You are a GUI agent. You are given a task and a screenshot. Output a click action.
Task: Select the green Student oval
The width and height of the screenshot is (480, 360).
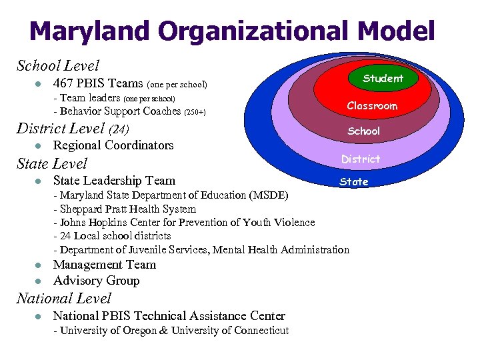(x=383, y=78)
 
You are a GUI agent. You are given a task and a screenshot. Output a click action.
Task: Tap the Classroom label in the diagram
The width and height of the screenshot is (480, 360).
(x=372, y=106)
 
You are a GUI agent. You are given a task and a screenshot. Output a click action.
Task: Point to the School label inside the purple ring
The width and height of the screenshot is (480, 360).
(x=364, y=131)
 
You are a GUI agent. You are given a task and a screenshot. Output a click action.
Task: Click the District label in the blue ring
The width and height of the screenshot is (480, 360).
(x=361, y=159)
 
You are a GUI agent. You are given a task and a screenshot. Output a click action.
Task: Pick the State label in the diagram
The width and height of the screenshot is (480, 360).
(x=354, y=181)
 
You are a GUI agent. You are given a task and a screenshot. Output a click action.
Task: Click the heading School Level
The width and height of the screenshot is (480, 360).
(x=57, y=65)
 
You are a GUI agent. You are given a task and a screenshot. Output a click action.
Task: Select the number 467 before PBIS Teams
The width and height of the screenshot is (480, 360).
(x=63, y=84)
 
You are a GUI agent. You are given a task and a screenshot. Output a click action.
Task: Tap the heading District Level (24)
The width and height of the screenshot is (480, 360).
(x=73, y=128)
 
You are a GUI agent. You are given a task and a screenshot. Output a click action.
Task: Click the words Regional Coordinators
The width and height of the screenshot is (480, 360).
(x=113, y=145)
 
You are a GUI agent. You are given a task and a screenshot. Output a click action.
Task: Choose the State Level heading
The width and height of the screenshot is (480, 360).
(x=52, y=163)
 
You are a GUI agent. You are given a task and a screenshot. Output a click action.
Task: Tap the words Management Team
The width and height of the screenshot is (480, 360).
(x=105, y=265)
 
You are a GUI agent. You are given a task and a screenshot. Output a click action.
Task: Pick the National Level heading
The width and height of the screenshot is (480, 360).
(x=63, y=299)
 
